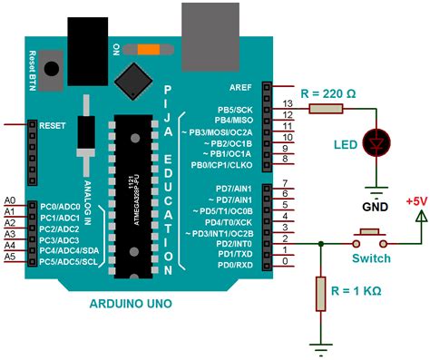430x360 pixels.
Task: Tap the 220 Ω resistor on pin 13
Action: coord(325,109)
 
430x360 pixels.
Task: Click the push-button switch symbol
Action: coord(370,238)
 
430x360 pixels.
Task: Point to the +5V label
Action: coord(415,201)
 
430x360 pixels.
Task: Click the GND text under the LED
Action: coord(375,204)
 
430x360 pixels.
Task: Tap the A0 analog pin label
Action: coord(10,199)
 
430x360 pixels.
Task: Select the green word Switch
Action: coord(371,258)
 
